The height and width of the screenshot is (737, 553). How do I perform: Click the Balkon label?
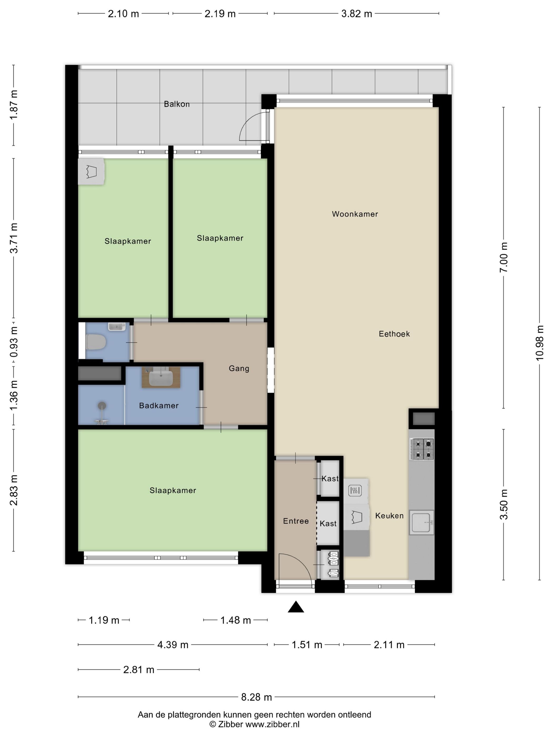(x=176, y=104)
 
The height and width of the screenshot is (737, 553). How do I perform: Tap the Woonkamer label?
(x=354, y=214)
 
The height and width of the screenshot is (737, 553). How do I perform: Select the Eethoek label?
(x=394, y=334)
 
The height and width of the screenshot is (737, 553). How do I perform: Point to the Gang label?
(x=239, y=368)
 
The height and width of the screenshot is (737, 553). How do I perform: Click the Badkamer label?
(x=159, y=406)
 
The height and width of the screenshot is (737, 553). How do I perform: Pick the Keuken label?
(x=389, y=516)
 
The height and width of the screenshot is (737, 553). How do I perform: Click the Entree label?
(x=296, y=521)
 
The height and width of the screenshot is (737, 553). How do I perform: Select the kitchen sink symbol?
(x=421, y=522)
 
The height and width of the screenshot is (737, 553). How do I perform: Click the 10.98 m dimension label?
(x=540, y=343)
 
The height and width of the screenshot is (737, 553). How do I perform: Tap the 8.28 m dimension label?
(x=256, y=697)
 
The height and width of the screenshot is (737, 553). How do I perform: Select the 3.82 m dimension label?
(x=356, y=14)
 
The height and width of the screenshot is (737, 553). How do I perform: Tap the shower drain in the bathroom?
(x=102, y=406)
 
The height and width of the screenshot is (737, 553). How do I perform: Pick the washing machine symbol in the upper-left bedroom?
(x=91, y=172)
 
